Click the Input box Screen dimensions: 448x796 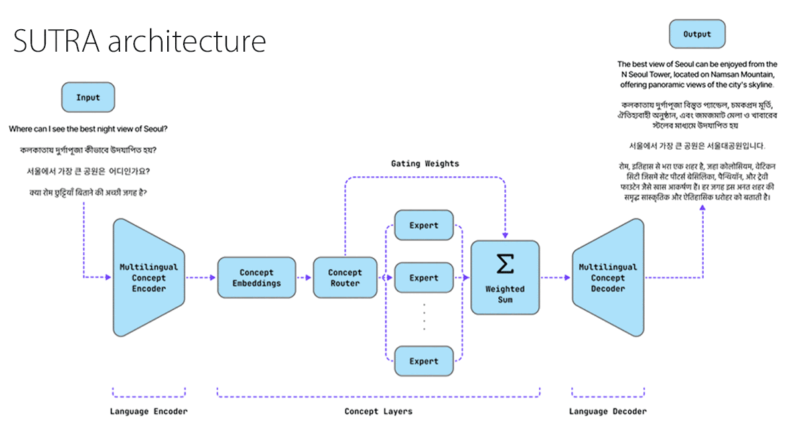(x=88, y=97)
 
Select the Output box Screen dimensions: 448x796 (x=696, y=34)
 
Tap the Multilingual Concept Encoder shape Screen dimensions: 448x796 (x=149, y=278)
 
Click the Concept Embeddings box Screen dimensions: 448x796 (x=256, y=278)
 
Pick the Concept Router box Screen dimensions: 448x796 (x=345, y=278)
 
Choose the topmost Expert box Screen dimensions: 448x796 (x=424, y=225)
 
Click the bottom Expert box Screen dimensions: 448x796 (x=424, y=361)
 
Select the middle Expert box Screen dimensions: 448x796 (x=424, y=278)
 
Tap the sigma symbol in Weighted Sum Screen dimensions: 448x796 (x=505, y=264)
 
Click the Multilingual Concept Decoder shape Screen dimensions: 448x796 (x=608, y=278)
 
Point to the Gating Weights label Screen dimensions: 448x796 (x=425, y=163)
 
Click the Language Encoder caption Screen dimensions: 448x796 (x=149, y=412)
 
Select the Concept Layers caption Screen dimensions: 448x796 (x=378, y=412)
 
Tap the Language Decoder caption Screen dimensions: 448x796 (x=608, y=412)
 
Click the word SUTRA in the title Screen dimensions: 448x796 (x=56, y=42)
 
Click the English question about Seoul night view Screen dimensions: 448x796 (x=88, y=128)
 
